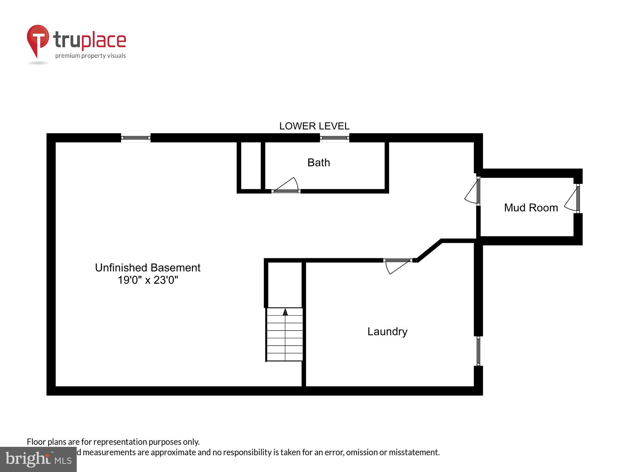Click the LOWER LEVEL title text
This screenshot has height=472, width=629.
click(x=314, y=126)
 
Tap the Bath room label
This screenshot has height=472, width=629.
click(x=319, y=163)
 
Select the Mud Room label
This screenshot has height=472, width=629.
click(x=531, y=208)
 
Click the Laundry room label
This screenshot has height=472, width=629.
click(x=387, y=331)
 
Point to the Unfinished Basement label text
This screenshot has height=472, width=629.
click(x=148, y=268)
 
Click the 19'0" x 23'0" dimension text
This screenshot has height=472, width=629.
click(x=148, y=280)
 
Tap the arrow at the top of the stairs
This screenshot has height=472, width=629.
click(x=285, y=312)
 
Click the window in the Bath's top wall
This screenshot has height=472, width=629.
click(x=335, y=138)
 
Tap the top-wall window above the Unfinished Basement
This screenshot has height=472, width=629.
click(x=136, y=138)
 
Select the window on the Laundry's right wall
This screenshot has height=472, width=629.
click(x=478, y=351)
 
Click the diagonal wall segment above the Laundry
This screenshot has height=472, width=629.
click(x=430, y=250)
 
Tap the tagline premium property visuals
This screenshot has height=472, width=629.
click(x=91, y=56)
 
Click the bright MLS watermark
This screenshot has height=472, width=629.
click(x=38, y=459)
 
